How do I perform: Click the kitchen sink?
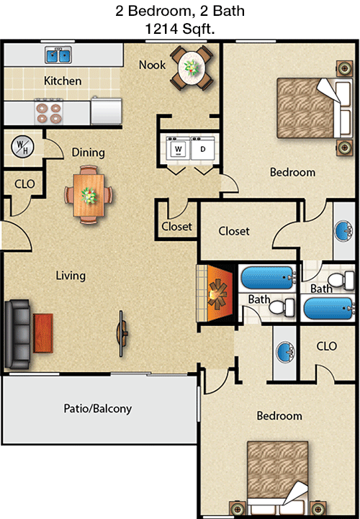[58, 55]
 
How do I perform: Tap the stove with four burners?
[49, 113]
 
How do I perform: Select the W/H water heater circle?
[22, 147]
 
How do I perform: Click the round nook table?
[192, 68]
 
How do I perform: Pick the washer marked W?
[178, 148]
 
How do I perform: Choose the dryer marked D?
[203, 148]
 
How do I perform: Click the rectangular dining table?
[89, 195]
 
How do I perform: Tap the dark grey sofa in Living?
[17, 334]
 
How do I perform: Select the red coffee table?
[43, 333]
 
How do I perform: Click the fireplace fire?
[218, 293]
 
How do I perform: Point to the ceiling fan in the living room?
[122, 333]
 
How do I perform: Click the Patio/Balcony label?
[98, 409]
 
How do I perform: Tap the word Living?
[71, 276]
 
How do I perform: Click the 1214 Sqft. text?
[180, 29]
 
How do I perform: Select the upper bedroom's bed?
[315, 108]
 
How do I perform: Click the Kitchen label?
[63, 81]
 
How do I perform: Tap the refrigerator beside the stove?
[107, 111]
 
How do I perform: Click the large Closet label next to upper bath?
[234, 231]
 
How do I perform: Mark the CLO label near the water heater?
[24, 184]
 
